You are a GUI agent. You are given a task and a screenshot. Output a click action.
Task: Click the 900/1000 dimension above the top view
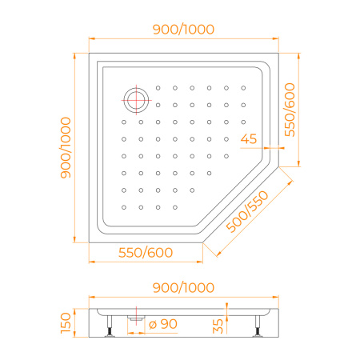183,30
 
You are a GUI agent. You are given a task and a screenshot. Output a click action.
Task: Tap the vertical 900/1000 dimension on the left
66,147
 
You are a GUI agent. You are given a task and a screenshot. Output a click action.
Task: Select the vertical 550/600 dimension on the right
290,110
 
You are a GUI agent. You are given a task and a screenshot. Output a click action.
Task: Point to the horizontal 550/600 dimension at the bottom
146,253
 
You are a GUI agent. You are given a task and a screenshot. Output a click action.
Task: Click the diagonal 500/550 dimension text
247,211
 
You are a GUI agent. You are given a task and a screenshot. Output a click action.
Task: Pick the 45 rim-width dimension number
249,139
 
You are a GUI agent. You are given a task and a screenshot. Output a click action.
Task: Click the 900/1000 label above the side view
183,288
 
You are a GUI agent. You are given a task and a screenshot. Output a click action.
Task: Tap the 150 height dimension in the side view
66,323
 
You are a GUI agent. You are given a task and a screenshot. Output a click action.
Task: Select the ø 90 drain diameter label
163,324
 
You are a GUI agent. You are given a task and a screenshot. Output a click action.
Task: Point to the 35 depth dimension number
218,326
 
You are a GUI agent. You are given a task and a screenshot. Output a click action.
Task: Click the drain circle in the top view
136,100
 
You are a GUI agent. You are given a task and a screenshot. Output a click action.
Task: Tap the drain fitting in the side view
136,318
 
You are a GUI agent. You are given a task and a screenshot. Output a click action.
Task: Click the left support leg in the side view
110,326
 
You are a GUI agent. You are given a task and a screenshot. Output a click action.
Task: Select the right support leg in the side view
258,326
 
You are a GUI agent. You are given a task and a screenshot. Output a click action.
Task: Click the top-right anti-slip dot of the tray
243,88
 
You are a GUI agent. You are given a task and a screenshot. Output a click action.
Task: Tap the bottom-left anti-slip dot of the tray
124,207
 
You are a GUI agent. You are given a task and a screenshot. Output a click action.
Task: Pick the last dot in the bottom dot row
175,207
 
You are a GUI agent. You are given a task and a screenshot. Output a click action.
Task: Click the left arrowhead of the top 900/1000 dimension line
91,38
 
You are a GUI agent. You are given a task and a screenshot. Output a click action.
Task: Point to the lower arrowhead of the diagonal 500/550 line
218,254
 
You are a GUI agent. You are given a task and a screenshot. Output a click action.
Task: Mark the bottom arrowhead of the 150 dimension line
74,334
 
